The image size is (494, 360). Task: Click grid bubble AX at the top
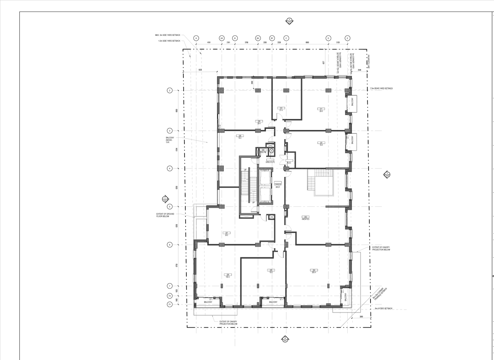pyautogui.click(x=222, y=38)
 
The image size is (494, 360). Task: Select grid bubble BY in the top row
pyautogui.click(x=272, y=38)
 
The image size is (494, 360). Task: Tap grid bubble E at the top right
pyautogui.click(x=347, y=38)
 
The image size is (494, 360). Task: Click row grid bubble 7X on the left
pyautogui.click(x=169, y=296)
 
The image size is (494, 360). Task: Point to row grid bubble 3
pyautogui.click(x=169, y=130)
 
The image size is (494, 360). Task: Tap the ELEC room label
pyautogui.click(x=289, y=162)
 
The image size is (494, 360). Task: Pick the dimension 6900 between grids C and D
pyautogui.click(x=307, y=42)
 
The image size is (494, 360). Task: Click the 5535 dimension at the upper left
pyautogui.click(x=200, y=70)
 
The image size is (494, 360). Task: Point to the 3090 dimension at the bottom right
pyautogui.click(x=361, y=317)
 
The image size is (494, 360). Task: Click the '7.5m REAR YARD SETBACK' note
pyautogui.click(x=381, y=88)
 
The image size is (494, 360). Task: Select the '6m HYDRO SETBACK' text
pyautogui.click(x=383, y=308)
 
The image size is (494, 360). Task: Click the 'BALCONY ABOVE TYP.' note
pyautogui.click(x=170, y=140)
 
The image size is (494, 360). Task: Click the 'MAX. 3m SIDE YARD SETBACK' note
pyautogui.click(x=167, y=35)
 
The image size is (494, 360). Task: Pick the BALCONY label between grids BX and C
pyautogui.click(x=273, y=302)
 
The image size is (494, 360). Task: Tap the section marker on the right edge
pyautogui.click(x=387, y=174)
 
